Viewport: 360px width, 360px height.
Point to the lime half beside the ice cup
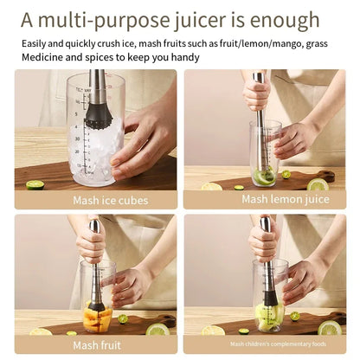(x=35, y=184)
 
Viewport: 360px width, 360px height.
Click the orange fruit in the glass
(x=94, y=315)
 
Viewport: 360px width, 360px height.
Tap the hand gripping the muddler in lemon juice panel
(x=257, y=95)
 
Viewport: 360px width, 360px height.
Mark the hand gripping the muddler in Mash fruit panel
(x=91, y=245)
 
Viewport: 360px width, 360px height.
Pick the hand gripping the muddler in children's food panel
(x=263, y=244)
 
